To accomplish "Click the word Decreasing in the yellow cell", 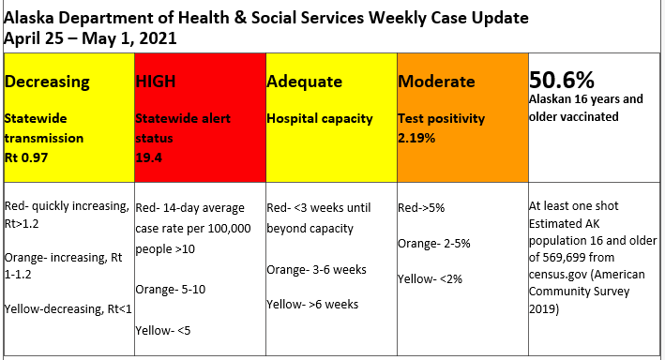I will tap(48, 82).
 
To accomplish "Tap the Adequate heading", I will tap(305, 82).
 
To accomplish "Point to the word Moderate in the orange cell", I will tap(437, 82).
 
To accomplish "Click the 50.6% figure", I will tap(564, 79).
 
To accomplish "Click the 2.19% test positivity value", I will tap(417, 138).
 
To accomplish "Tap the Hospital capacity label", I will tap(320, 119).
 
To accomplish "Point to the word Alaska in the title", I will tap(32, 17).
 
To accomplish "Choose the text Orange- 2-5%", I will tap(434, 243).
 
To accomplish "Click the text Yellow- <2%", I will tap(431, 278).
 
